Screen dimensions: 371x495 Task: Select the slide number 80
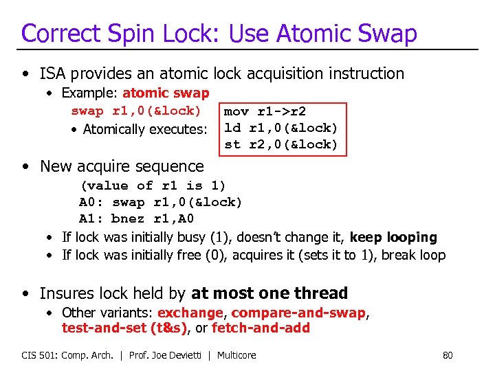tap(448, 355)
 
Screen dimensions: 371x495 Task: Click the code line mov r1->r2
tap(265, 111)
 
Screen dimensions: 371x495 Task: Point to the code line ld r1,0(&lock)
tap(281, 128)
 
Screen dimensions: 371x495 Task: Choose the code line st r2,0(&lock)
tap(281, 144)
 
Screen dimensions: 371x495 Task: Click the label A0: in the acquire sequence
tap(91, 202)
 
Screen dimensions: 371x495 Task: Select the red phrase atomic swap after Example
tap(166, 93)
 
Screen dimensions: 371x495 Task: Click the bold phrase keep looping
tap(393, 238)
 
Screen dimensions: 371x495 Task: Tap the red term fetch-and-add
tap(261, 328)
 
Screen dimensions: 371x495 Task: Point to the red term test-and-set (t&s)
tap(124, 328)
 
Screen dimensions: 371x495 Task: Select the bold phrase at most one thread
tap(269, 293)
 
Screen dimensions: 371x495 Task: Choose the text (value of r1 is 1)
tap(153, 185)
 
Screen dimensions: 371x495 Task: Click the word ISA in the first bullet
tap(54, 74)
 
